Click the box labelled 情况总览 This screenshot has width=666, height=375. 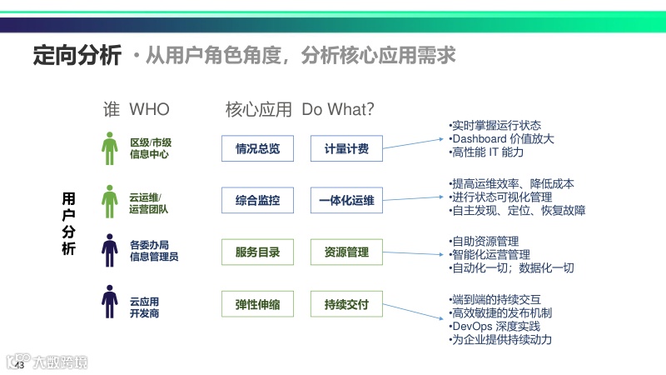[x=258, y=149]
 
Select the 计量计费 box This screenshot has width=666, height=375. [x=346, y=149]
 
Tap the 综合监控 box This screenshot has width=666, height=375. [x=258, y=201]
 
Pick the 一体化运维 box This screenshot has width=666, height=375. [x=346, y=201]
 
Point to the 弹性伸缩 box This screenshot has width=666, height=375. [x=258, y=304]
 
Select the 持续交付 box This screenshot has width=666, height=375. [x=346, y=304]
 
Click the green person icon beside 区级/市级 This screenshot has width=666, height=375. [x=110, y=148]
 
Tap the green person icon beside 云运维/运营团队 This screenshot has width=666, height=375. [x=110, y=200]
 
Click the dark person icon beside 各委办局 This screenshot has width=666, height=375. [x=110, y=251]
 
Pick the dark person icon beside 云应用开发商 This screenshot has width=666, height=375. [x=110, y=302]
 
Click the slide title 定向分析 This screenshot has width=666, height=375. [x=77, y=56]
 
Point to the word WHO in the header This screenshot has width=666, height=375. [x=149, y=109]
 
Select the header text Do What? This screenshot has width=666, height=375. [x=337, y=109]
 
